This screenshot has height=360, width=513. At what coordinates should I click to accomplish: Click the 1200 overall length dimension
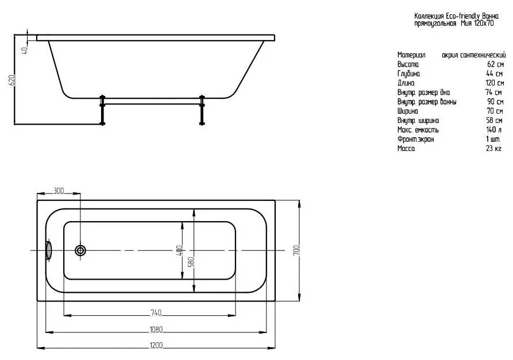(156, 345)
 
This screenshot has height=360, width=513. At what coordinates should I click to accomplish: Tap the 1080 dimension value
(156, 330)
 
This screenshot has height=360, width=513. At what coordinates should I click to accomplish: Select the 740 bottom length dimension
(156, 313)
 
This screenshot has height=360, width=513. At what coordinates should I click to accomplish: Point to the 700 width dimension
(296, 250)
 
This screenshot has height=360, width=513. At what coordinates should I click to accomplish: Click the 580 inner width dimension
(192, 262)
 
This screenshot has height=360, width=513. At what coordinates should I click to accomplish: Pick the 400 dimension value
(180, 250)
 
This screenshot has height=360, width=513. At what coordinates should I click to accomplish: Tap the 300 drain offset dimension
(59, 191)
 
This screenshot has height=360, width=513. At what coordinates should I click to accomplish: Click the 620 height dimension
(11, 80)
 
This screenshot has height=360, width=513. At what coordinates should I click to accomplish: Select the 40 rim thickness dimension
(25, 51)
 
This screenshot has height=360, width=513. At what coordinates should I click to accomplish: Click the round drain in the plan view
(80, 250)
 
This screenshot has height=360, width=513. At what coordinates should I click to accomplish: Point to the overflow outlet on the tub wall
(48, 250)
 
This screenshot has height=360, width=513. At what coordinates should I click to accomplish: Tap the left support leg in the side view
(102, 110)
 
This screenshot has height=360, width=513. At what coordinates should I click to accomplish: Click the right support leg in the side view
(202, 110)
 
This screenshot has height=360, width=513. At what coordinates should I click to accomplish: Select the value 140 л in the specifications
(494, 130)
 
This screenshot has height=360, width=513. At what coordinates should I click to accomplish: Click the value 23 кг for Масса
(493, 149)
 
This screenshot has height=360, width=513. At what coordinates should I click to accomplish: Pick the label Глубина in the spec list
(408, 74)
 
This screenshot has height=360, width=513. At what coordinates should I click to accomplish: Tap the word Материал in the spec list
(411, 55)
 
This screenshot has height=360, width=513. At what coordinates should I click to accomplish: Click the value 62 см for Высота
(495, 64)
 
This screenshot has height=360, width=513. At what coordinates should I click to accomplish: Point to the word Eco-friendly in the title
(463, 16)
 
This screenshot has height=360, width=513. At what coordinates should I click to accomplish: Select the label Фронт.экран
(415, 140)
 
